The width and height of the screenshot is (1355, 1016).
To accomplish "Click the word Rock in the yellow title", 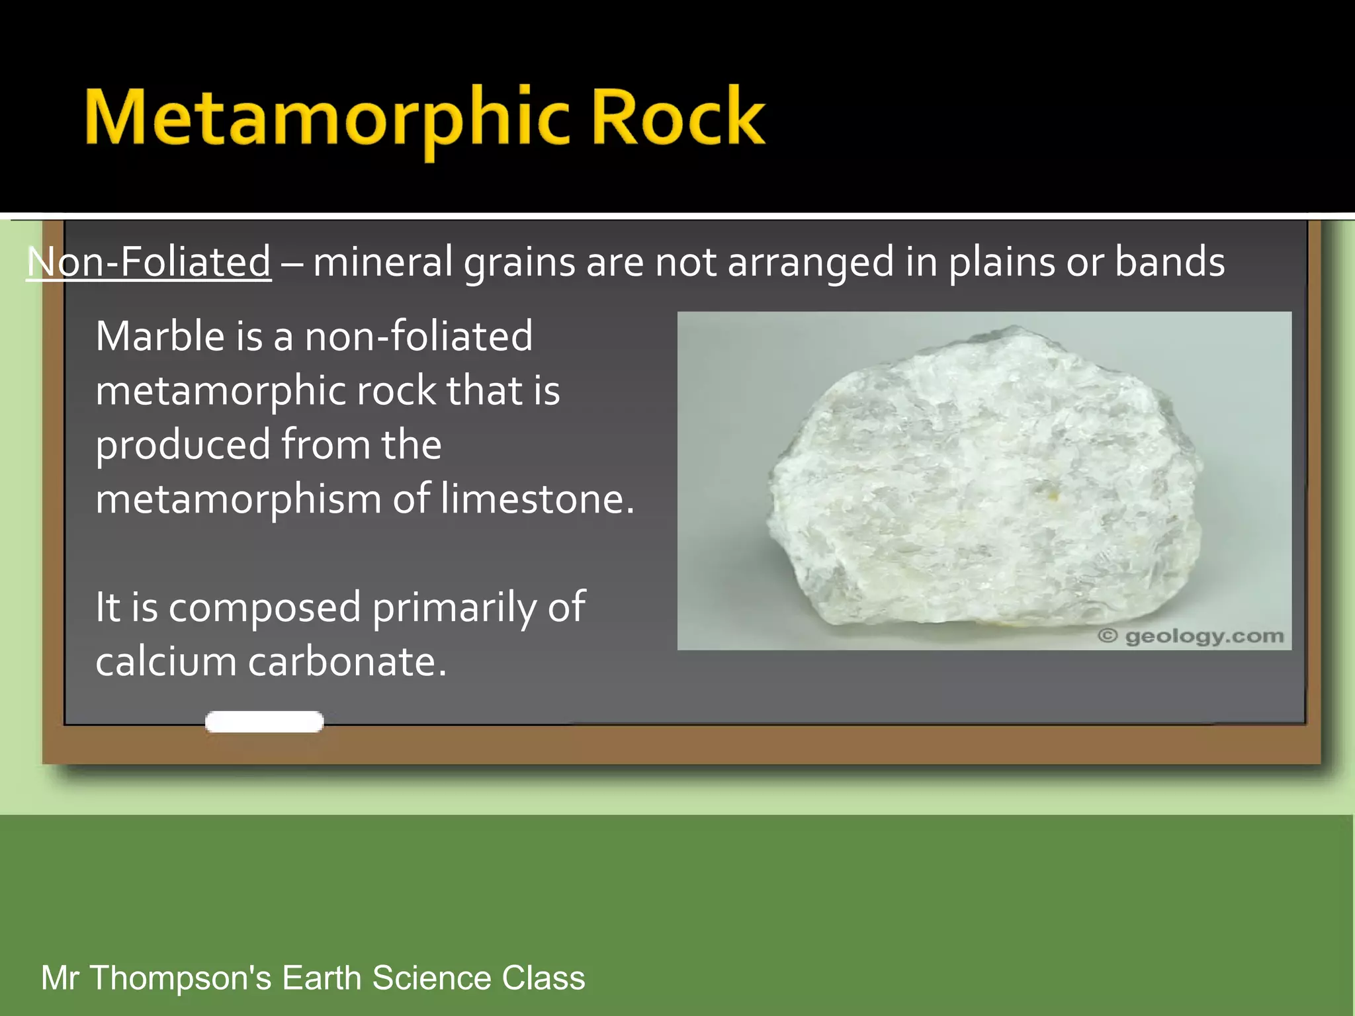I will tap(677, 119).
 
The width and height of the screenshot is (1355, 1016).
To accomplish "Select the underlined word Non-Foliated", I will tap(149, 262).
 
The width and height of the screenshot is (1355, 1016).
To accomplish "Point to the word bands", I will tap(1169, 262).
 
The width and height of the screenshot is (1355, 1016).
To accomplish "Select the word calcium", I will tap(165, 661).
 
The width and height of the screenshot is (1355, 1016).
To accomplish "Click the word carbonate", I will tap(347, 661).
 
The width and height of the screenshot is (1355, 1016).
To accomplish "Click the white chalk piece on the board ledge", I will tap(264, 722).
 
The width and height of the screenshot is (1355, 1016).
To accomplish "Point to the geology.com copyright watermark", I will tap(1190, 636).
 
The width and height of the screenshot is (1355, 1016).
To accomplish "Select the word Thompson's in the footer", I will tap(181, 978).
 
